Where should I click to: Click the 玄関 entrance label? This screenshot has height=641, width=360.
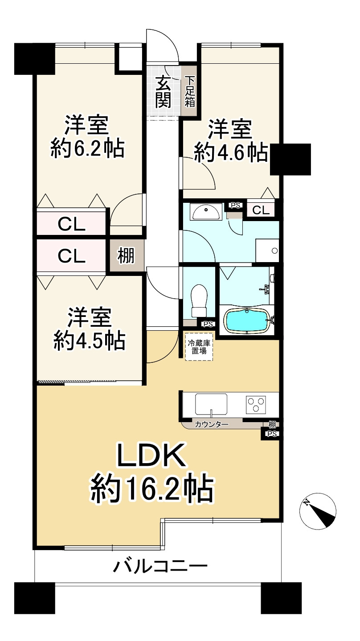164,92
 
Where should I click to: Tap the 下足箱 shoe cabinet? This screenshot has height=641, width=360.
190,91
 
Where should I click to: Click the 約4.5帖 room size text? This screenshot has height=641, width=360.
89,341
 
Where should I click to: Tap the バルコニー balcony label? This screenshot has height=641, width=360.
160,567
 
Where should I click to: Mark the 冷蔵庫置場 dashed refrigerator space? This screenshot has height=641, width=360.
199,346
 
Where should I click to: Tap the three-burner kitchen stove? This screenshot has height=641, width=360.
256,404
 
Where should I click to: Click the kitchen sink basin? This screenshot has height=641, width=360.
211,404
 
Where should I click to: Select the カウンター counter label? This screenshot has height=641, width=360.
211,424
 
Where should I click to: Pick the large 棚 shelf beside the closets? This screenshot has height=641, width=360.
126,256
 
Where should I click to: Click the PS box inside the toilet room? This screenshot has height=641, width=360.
207,324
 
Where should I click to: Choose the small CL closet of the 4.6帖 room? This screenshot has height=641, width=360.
261,210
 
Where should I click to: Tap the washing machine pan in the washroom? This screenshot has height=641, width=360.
267,251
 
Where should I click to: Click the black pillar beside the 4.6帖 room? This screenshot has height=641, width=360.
290,159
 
